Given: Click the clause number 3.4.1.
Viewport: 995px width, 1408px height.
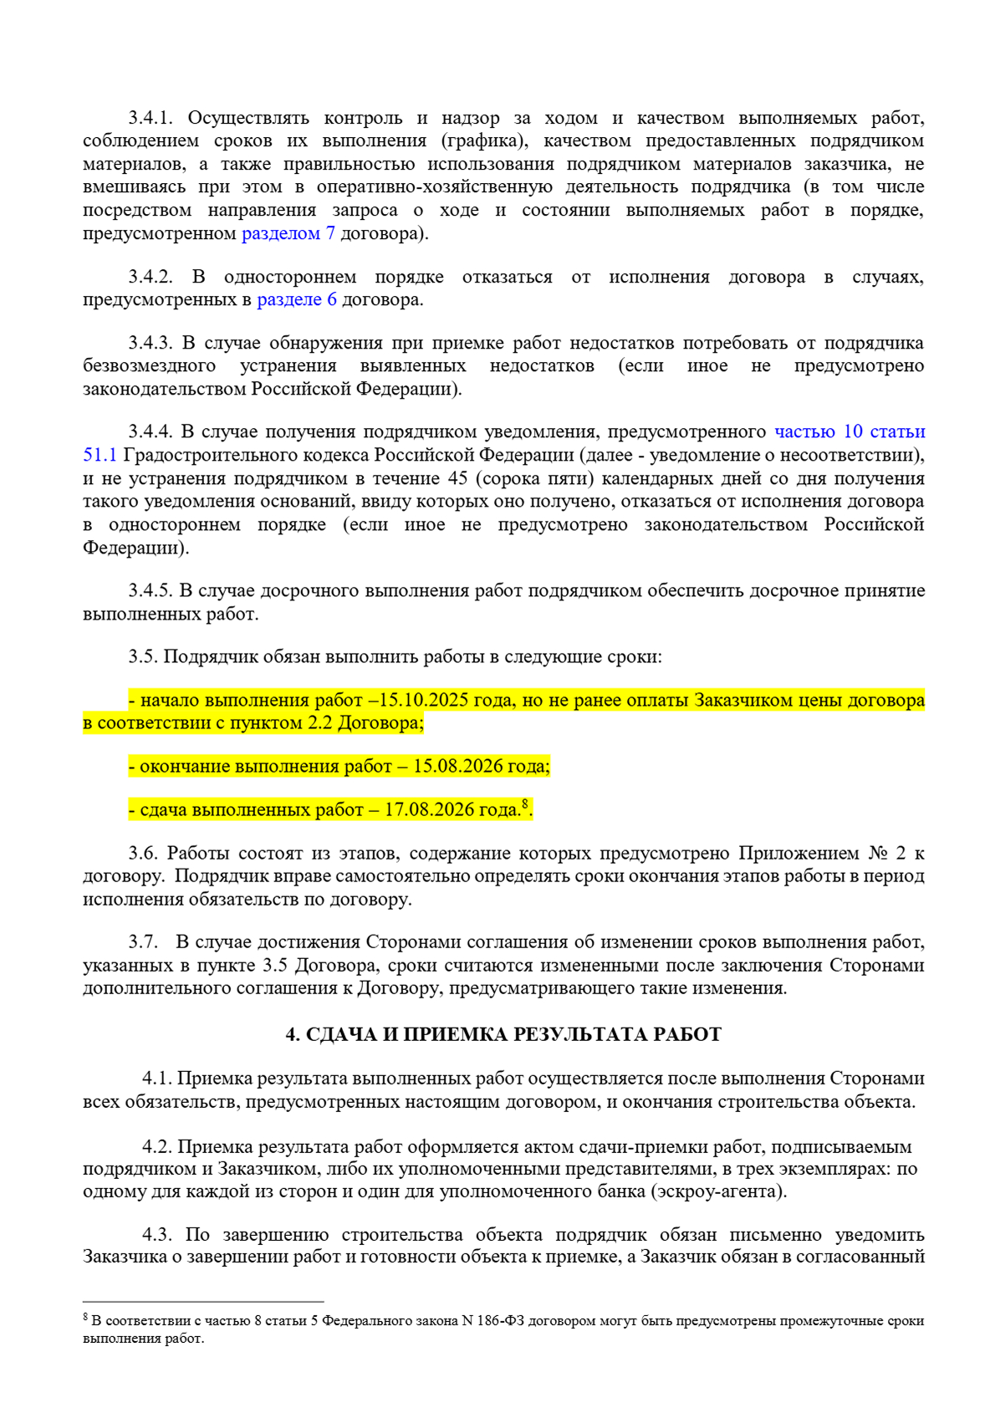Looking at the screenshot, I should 150,118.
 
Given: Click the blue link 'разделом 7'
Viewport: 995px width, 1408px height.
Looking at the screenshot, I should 288,233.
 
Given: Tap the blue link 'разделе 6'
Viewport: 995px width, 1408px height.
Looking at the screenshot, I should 296,299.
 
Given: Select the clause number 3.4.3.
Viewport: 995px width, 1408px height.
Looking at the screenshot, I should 150,343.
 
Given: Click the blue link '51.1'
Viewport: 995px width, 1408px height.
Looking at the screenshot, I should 99,455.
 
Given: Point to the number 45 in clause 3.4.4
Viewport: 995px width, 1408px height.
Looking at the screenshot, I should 457,478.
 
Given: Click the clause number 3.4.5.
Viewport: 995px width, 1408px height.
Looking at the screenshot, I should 150,590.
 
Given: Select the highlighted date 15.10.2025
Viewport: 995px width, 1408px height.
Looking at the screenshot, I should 423,700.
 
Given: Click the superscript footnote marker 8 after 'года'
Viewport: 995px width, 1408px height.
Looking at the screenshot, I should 525,804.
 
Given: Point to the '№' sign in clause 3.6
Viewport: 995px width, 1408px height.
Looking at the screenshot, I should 878,853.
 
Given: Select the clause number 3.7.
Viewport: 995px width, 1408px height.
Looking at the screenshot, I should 143,941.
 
